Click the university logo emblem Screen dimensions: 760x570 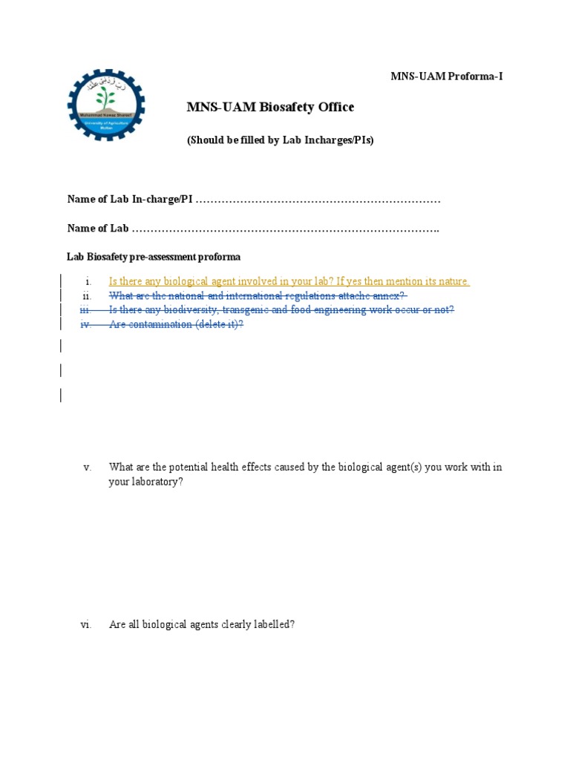coord(106,105)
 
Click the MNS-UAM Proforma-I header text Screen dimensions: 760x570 coord(447,76)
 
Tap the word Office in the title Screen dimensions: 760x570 coord(336,108)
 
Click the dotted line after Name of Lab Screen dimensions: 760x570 coord(286,229)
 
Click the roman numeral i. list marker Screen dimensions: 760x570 coord(88,282)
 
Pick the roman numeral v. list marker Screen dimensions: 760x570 coord(87,468)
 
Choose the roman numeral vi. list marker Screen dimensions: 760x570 coord(85,625)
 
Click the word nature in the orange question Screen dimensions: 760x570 coord(454,281)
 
